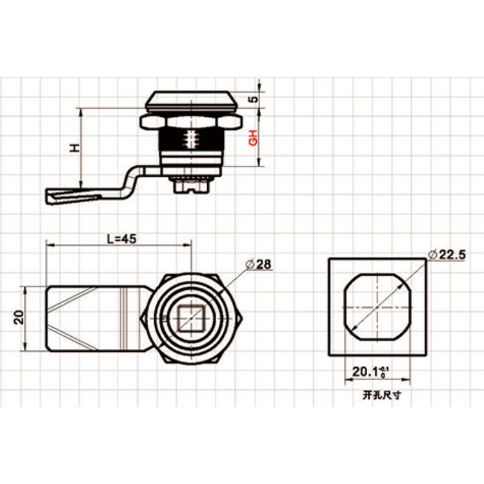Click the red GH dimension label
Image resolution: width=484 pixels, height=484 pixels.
(253, 137)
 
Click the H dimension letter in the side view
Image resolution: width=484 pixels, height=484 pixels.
(75, 148)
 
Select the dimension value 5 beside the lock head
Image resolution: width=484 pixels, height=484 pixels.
(253, 99)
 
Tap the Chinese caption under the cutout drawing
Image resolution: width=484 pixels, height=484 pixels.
(378, 396)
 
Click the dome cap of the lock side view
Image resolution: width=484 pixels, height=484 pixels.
(192, 101)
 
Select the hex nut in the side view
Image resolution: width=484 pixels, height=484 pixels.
(192, 121)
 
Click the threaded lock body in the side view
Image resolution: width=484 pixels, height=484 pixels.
(192, 145)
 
